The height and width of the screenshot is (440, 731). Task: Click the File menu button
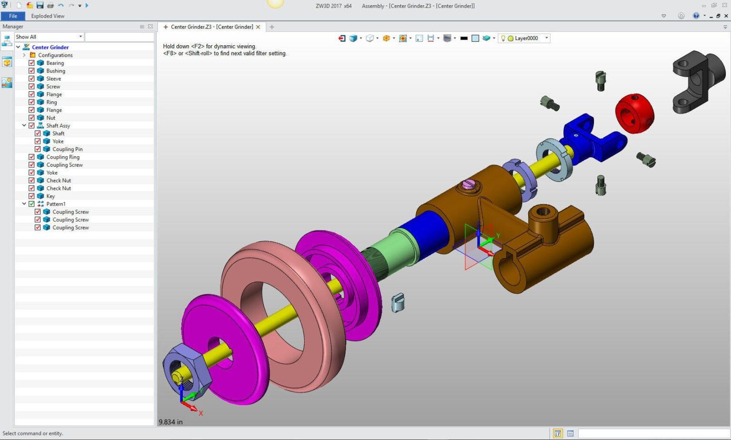coord(13,16)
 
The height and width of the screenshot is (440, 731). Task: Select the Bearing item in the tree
coord(55,63)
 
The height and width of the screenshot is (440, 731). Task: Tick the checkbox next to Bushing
coord(31,70)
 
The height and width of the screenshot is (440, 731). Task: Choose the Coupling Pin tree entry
coord(67,149)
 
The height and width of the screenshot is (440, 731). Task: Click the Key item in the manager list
coord(50,196)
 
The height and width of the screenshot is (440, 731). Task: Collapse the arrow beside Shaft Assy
coord(24,126)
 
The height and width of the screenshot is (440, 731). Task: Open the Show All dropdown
coord(49,37)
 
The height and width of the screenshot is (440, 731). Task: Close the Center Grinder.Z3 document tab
coord(258,27)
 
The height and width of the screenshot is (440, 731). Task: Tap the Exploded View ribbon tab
coord(48,16)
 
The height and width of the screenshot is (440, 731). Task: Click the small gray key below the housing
coord(398,303)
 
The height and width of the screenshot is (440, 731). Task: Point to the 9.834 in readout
coord(170,422)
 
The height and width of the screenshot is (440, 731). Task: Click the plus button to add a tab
coord(272,27)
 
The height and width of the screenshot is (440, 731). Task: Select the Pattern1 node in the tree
coord(56,204)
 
